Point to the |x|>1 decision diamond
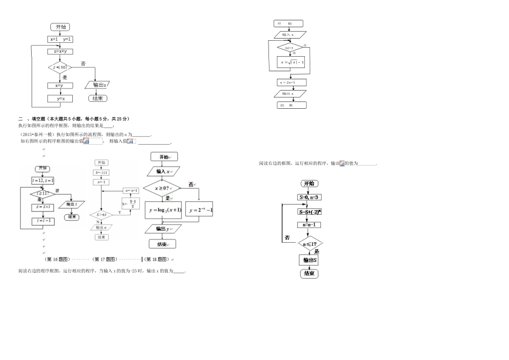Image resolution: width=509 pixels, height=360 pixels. tap(289, 48)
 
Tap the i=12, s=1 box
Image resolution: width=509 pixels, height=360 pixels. tap(42, 181)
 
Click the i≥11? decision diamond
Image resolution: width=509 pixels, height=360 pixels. tap(42, 194)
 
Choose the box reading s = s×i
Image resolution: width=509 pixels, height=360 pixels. tap(42, 206)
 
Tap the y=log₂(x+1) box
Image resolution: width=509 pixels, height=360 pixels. tap(163, 210)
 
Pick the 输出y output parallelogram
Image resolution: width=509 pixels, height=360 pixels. tap(163, 229)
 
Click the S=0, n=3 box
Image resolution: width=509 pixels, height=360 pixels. tap(309, 197)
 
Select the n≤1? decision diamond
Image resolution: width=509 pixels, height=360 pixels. tap(309, 244)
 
